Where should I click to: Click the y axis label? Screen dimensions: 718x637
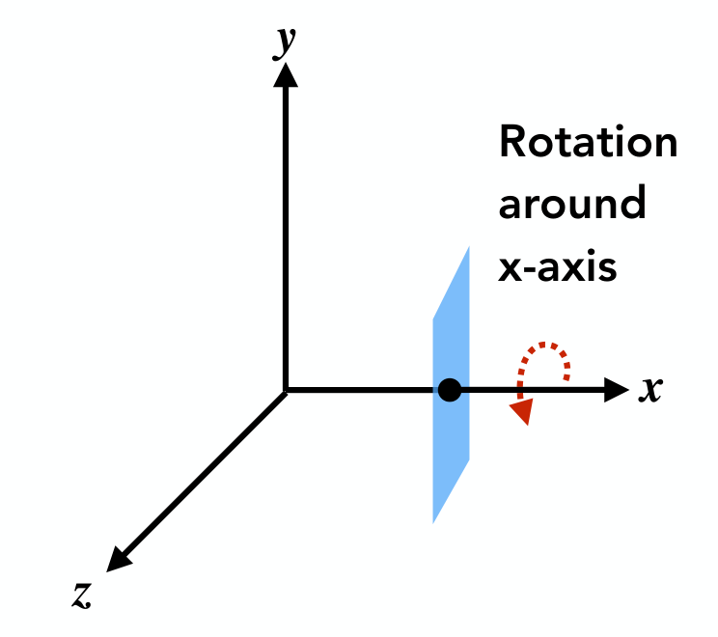[x=285, y=42]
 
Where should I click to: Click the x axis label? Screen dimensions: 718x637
[x=650, y=390]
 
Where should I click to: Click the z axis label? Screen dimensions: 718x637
[x=82, y=595]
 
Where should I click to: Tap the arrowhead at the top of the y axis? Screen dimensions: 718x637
[x=286, y=74]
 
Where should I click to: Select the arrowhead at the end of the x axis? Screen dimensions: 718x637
[x=617, y=390]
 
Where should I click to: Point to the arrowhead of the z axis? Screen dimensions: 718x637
[x=118, y=560]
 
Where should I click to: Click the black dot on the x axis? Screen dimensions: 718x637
[x=450, y=390]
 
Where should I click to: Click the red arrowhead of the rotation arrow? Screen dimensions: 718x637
[x=523, y=411]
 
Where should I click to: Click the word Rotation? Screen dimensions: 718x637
[x=588, y=142]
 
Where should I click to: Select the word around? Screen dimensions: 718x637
[x=572, y=203]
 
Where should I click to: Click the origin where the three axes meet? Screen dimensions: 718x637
[x=286, y=390]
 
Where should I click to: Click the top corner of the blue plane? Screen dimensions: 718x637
[x=469, y=247]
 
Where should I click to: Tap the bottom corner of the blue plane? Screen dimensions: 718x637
[x=433, y=523]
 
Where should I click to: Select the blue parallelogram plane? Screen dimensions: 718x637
[x=451, y=385]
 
